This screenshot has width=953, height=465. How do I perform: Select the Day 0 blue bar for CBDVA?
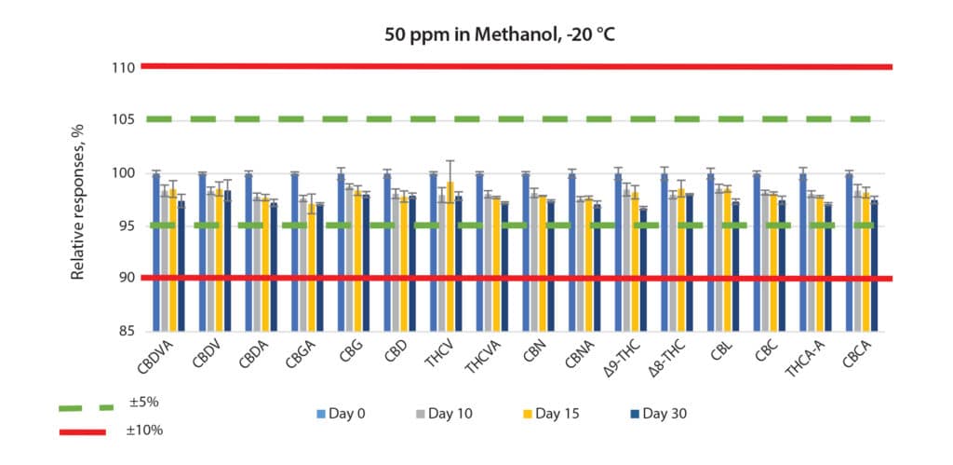click(156, 252)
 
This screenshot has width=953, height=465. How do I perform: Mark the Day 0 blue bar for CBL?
click(711, 252)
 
